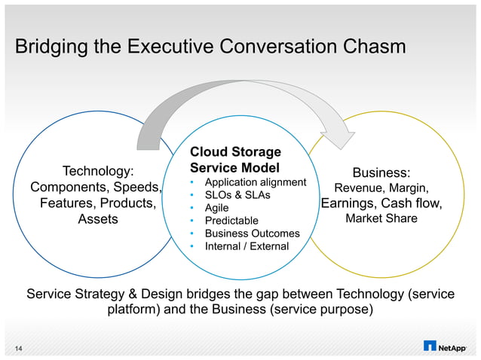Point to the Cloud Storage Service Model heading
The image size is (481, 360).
click(235, 160)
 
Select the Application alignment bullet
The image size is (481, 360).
click(256, 182)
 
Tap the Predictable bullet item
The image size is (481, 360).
click(231, 221)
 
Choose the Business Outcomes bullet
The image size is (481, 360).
click(252, 233)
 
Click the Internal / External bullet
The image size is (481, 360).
click(247, 246)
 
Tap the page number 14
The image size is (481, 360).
click(18, 346)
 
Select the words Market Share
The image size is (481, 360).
click(381, 219)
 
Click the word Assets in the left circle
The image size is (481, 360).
click(98, 219)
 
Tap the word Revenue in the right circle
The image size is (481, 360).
click(359, 188)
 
